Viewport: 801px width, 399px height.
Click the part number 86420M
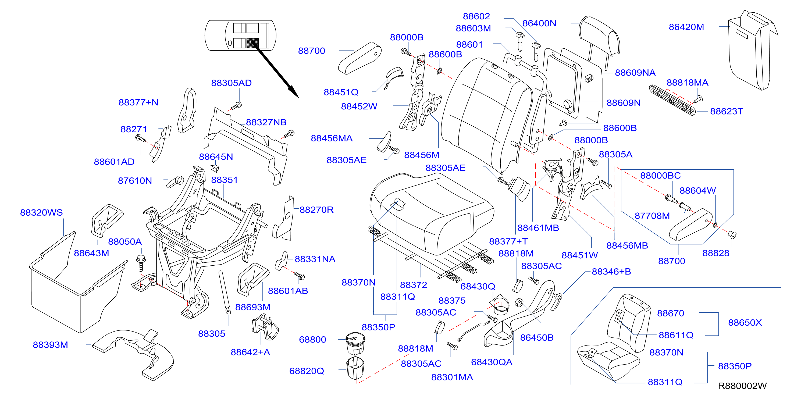pyautogui.click(x=686, y=27)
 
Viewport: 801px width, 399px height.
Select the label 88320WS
pyautogui.click(x=41, y=212)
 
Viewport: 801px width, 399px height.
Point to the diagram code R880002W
pyautogui.click(x=742, y=386)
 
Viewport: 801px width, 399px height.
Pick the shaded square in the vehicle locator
pyautogui.click(x=252, y=43)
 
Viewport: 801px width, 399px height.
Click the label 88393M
pyautogui.click(x=50, y=345)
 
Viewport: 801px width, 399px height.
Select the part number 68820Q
pyautogui.click(x=307, y=371)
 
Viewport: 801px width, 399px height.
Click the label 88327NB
pyautogui.click(x=266, y=122)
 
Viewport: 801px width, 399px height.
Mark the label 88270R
pyautogui.click(x=316, y=210)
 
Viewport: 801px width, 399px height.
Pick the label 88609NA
pyautogui.click(x=635, y=73)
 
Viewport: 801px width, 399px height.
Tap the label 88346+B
pyautogui.click(x=611, y=272)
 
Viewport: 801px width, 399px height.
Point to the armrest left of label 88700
pyautogui.click(x=359, y=58)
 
